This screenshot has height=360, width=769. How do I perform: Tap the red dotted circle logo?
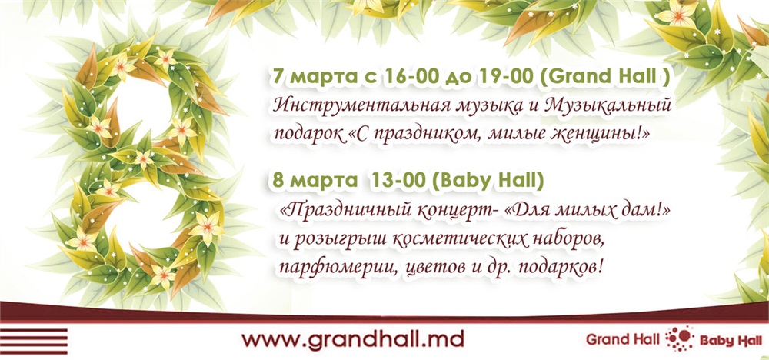(x=680, y=338)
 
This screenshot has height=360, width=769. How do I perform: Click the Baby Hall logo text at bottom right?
(x=731, y=341)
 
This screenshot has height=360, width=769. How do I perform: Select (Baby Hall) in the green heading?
(x=488, y=182)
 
